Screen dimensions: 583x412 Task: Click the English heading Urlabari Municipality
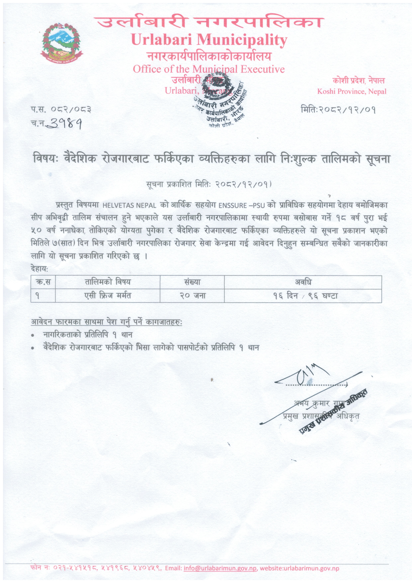(x=209, y=40)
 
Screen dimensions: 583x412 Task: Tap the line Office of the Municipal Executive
(x=209, y=69)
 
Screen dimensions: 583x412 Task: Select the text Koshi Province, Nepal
(x=352, y=91)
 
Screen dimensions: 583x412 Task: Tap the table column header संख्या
(x=192, y=282)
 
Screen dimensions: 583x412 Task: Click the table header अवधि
(x=303, y=282)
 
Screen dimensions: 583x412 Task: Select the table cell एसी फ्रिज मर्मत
(x=108, y=295)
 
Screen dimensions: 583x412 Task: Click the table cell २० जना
(x=192, y=295)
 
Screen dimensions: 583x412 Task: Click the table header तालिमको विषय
(x=108, y=282)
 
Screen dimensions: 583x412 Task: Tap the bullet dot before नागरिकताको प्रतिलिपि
(x=33, y=336)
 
